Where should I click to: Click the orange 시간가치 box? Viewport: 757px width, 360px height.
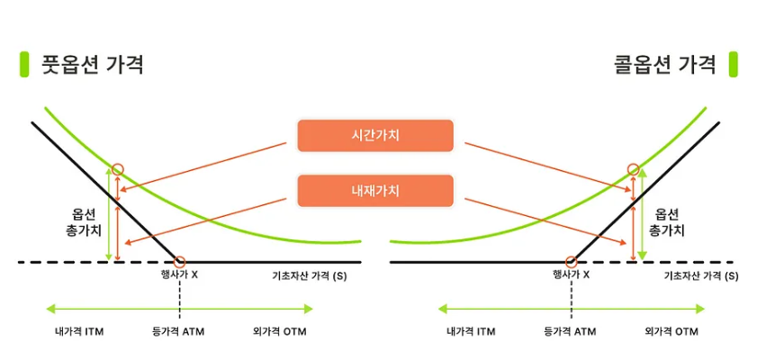[375, 136]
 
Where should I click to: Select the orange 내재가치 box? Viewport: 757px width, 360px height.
[375, 191]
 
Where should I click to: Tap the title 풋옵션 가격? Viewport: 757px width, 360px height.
[93, 65]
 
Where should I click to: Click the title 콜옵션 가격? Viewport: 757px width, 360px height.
[665, 65]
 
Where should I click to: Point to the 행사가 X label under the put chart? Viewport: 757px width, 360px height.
[179, 275]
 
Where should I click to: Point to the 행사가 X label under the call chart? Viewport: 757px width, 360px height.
[572, 275]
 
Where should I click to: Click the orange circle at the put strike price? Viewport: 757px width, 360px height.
[180, 262]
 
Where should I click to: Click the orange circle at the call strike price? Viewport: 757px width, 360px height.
[572, 262]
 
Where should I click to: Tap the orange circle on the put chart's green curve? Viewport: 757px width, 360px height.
[118, 169]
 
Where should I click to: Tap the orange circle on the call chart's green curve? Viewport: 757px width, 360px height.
[634, 169]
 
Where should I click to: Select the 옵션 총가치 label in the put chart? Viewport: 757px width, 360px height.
[83, 221]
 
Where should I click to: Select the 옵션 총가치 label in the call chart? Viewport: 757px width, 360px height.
[667, 221]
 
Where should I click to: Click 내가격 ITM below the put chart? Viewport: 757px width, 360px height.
[79, 332]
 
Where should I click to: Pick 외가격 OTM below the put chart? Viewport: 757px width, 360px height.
[280, 332]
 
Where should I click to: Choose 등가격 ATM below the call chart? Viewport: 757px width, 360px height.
[570, 332]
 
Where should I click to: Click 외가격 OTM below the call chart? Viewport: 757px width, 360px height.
[671, 332]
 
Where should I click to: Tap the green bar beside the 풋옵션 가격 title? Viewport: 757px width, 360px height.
[24, 65]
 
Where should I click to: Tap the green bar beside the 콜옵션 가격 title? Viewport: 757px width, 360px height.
[733, 65]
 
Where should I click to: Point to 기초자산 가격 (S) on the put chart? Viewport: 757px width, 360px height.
[310, 276]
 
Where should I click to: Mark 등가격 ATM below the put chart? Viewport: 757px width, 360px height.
[178, 332]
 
